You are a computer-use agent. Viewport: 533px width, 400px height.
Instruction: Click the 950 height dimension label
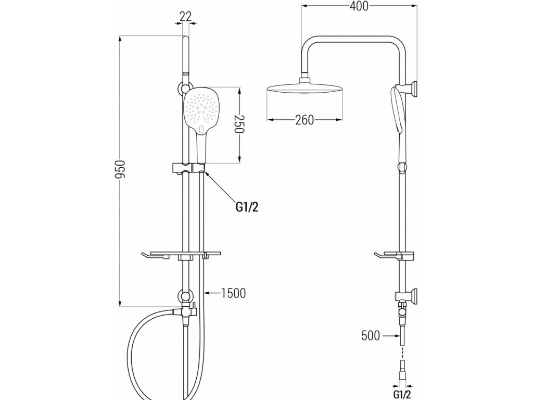point(120,170)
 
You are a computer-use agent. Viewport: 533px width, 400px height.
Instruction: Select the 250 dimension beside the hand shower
point(239,126)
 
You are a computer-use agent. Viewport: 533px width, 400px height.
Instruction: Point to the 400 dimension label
point(359,6)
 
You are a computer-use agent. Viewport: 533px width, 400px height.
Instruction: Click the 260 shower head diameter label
point(304,120)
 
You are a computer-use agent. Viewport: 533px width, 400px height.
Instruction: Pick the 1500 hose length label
point(232,293)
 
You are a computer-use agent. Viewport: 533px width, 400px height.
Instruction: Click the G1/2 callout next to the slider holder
point(247,207)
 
